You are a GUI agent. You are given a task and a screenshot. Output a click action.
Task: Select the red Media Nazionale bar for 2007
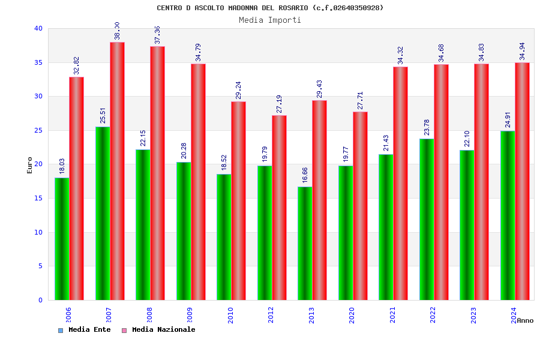click(x=117, y=171)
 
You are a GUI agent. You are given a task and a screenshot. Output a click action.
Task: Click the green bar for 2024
click(x=508, y=215)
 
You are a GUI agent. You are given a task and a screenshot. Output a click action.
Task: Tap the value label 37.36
click(x=158, y=35)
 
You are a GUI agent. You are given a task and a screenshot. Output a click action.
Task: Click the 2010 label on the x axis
click(x=231, y=315)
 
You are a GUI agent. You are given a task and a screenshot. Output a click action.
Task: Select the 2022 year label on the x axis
click(x=433, y=315)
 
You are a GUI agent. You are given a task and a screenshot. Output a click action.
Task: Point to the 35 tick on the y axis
click(x=38, y=62)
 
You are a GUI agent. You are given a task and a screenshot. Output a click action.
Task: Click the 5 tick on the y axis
click(x=40, y=266)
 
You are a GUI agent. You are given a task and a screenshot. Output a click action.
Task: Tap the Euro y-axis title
click(x=30, y=165)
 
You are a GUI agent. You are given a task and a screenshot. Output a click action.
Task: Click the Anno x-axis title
click(x=525, y=320)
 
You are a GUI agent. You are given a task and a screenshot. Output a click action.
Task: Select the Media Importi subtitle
click(x=270, y=20)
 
